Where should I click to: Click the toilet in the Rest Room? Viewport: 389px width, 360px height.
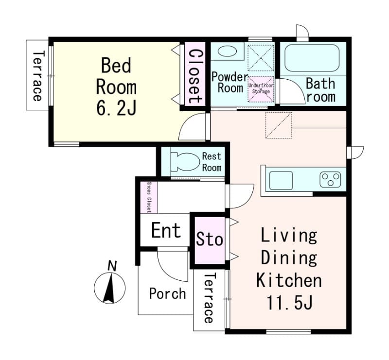pyautogui.click(x=185, y=162)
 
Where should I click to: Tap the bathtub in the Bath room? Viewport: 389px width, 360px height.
pyautogui.click(x=312, y=58)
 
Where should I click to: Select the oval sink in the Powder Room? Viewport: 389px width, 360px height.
pyautogui.click(x=227, y=51)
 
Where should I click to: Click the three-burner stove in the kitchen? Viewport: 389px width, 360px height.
pyautogui.click(x=330, y=179)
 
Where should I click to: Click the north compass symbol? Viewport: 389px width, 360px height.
pyautogui.click(x=110, y=288)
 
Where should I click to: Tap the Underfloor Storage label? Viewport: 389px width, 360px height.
pyautogui.click(x=261, y=88)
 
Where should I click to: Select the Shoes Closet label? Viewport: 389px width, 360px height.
pyautogui.click(x=149, y=197)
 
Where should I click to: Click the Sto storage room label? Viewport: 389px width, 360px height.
pyautogui.click(x=210, y=239)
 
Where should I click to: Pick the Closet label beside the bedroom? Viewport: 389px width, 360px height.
pyautogui.click(x=195, y=77)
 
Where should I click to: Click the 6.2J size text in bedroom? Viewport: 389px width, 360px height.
pyautogui.click(x=116, y=108)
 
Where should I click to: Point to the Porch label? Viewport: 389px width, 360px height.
pyautogui.click(x=167, y=293)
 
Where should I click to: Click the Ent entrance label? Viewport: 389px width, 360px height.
pyautogui.click(x=166, y=230)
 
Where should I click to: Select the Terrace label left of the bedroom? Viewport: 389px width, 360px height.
pyautogui.click(x=37, y=76)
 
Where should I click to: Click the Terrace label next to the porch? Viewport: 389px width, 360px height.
pyautogui.click(x=209, y=298)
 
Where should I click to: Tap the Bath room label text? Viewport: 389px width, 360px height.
pyautogui.click(x=321, y=90)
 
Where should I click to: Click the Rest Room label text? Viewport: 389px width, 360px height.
pyautogui.click(x=212, y=162)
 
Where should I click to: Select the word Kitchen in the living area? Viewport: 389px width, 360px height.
pyautogui.click(x=289, y=280)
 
